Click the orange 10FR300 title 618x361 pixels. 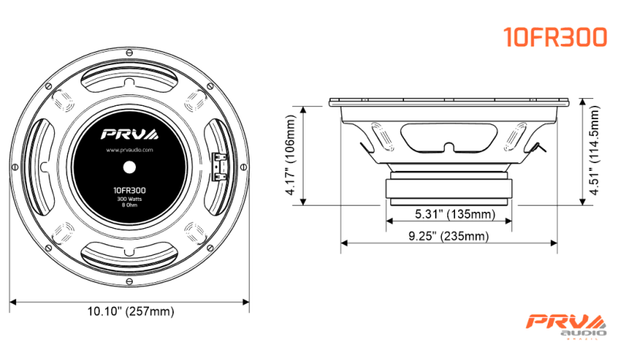(555, 37)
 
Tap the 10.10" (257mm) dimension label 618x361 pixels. (131, 312)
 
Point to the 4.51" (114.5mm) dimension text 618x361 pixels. (594, 150)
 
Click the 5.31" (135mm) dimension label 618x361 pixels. (455, 214)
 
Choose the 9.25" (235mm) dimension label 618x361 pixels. (449, 237)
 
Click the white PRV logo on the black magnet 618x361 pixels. (130, 135)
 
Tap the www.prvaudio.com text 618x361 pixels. (129, 150)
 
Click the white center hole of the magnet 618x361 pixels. (129, 167)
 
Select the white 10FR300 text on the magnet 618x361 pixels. (129, 190)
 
